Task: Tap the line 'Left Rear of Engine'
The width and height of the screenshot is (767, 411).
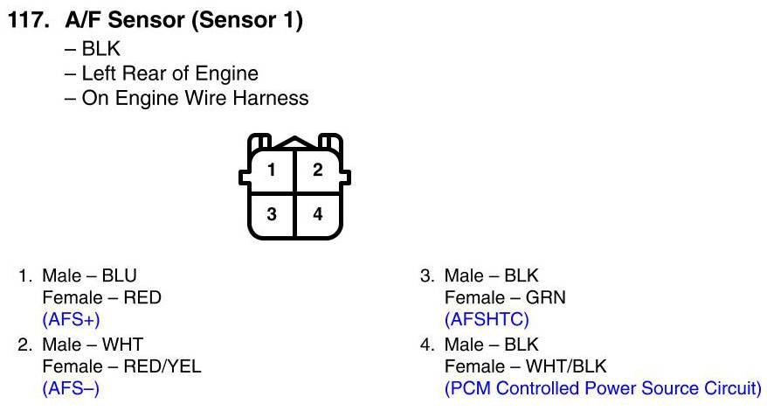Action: click(x=169, y=73)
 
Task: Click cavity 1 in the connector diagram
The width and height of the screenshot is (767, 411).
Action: click(x=272, y=171)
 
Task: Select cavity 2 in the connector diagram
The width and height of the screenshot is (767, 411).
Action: click(x=318, y=171)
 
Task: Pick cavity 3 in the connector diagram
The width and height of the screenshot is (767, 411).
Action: click(x=272, y=213)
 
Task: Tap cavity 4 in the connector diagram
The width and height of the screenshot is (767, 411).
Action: click(x=318, y=213)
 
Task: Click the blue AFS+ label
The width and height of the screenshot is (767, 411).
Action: click(x=71, y=319)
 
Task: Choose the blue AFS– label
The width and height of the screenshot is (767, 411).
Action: click(x=71, y=387)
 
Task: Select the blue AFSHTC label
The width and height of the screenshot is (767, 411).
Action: click(x=487, y=319)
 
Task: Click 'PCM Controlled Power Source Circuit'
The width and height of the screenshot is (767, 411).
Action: click(x=603, y=387)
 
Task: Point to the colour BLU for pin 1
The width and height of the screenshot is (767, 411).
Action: click(x=120, y=275)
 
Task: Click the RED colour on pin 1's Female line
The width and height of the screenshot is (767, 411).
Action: click(x=142, y=297)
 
